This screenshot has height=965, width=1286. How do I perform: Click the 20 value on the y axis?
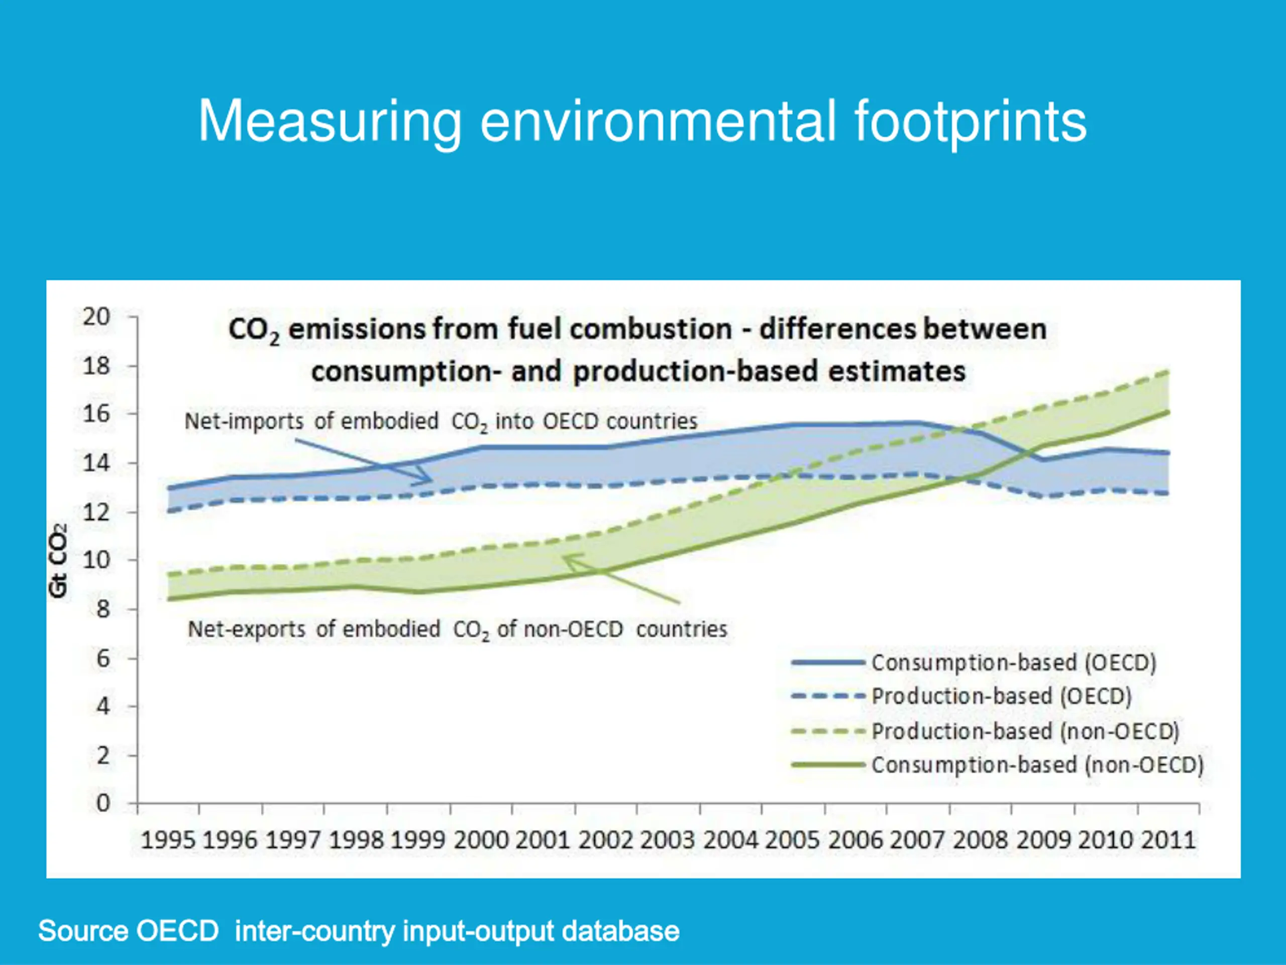tap(96, 317)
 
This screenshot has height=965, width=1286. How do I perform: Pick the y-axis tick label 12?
tap(96, 512)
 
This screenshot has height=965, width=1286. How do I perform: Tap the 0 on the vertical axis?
tap(103, 803)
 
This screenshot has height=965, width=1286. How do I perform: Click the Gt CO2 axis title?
tap(59, 560)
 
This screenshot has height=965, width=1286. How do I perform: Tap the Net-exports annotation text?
tap(458, 629)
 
